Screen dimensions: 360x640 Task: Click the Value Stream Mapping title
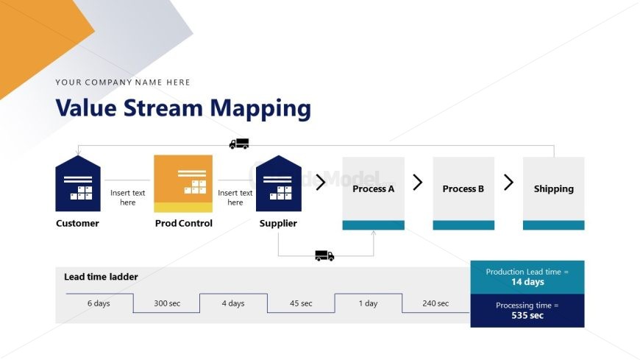pos(183,108)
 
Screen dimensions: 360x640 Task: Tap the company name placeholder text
pos(123,82)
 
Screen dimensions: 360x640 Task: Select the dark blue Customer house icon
pos(78,184)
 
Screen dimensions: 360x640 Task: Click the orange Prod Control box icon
pos(183,183)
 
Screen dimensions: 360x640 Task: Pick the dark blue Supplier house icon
pos(278,184)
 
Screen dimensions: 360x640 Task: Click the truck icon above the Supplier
pos(239,144)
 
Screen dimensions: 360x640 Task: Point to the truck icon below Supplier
pos(324,255)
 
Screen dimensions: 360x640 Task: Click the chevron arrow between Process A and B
pos(418,183)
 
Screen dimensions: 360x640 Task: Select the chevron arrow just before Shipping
pos(508,183)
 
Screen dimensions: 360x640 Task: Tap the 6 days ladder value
pos(99,303)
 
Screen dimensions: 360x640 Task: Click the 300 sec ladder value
pos(167,303)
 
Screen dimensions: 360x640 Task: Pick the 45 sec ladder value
pos(301,303)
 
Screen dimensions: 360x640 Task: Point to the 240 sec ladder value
pos(435,303)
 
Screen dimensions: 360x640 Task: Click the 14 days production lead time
pos(527,282)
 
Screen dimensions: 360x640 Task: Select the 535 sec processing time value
pos(527,315)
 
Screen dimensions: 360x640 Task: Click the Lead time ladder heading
pos(101,277)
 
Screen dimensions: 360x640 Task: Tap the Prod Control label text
pos(183,223)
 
